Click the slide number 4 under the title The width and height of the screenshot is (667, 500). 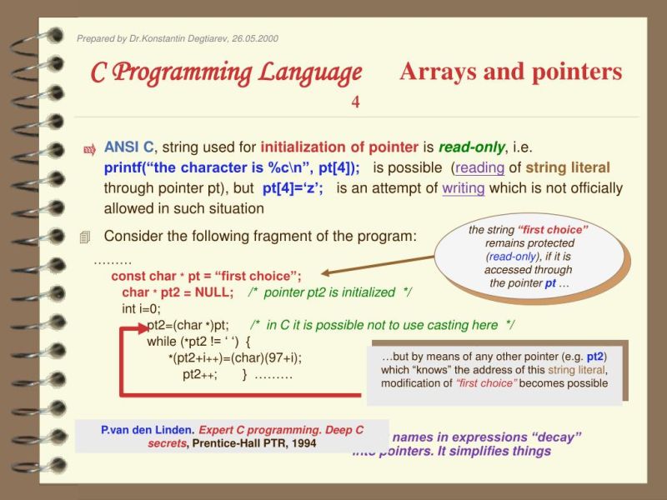355,102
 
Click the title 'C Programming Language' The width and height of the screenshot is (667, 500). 226,72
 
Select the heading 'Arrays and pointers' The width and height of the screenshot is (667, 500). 510,72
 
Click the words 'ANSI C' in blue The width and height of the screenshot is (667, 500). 128,147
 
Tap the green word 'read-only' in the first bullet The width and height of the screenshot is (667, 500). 471,147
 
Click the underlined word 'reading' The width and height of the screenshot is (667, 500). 480,167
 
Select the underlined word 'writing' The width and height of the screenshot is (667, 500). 463,187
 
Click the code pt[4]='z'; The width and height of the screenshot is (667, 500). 293,187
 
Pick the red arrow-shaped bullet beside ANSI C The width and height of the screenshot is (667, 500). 89,149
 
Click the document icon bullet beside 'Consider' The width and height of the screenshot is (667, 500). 84,237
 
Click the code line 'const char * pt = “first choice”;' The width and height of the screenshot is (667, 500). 206,276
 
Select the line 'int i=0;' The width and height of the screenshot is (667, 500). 142,309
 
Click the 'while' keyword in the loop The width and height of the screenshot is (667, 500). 161,342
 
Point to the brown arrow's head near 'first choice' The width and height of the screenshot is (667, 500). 326,272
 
